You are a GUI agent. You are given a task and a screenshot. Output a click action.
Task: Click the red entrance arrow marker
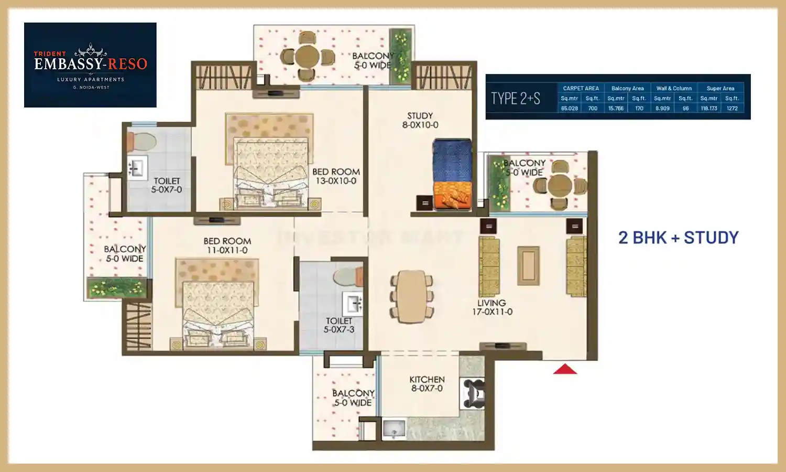[565, 370]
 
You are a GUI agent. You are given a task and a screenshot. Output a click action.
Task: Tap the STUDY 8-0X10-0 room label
[420, 120]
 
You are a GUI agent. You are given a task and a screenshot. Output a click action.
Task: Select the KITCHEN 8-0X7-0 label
[427, 384]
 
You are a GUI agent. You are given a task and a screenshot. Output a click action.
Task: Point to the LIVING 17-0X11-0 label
[492, 307]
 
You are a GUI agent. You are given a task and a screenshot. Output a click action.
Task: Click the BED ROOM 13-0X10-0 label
[336, 176]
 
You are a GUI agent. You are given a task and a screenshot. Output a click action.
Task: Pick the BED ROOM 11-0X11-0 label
[227, 245]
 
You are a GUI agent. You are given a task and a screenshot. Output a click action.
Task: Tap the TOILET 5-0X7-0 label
[167, 185]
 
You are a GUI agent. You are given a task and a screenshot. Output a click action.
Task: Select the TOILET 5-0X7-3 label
[339, 325]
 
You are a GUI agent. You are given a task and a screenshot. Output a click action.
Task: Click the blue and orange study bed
[452, 175]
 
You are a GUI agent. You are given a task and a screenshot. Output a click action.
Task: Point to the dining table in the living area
[412, 296]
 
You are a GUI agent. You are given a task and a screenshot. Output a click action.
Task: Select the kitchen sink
[394, 428]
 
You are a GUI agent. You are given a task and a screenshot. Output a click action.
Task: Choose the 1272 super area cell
[732, 109]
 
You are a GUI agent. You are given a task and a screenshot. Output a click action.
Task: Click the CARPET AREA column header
[581, 88]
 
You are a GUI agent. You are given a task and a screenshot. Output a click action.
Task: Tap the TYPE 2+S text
[515, 98]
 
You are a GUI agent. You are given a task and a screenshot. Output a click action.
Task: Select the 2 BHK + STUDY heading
[678, 238]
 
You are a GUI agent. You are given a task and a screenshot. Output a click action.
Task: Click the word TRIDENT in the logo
[50, 53]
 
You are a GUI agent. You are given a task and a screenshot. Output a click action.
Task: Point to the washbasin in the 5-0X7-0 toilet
[136, 168]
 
